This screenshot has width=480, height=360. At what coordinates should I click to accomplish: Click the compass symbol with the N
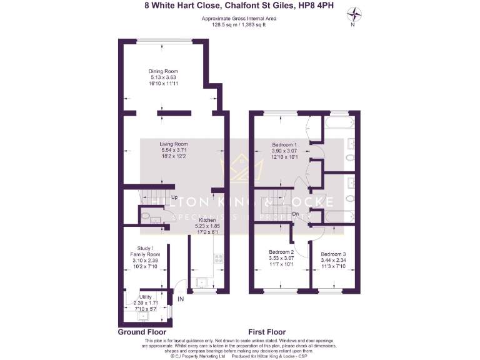353,13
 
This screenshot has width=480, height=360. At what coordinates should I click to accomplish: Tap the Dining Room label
163,71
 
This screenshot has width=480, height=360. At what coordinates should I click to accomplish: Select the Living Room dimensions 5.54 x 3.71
173,151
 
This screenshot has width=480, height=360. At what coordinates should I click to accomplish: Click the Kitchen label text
207,221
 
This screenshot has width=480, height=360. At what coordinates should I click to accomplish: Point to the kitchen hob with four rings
218,257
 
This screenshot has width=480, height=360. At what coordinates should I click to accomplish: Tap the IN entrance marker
181,299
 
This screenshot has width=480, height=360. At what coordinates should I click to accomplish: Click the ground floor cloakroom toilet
146,217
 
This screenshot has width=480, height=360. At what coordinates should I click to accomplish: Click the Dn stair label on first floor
295,214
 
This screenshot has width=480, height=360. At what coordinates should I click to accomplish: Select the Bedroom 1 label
284,144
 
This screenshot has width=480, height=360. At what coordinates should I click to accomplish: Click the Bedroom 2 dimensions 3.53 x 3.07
281,258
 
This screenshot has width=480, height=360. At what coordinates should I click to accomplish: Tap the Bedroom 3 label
332,254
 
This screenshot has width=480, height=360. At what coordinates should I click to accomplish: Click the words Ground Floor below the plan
141,332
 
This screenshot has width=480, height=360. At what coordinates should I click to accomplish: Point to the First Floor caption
267,332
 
